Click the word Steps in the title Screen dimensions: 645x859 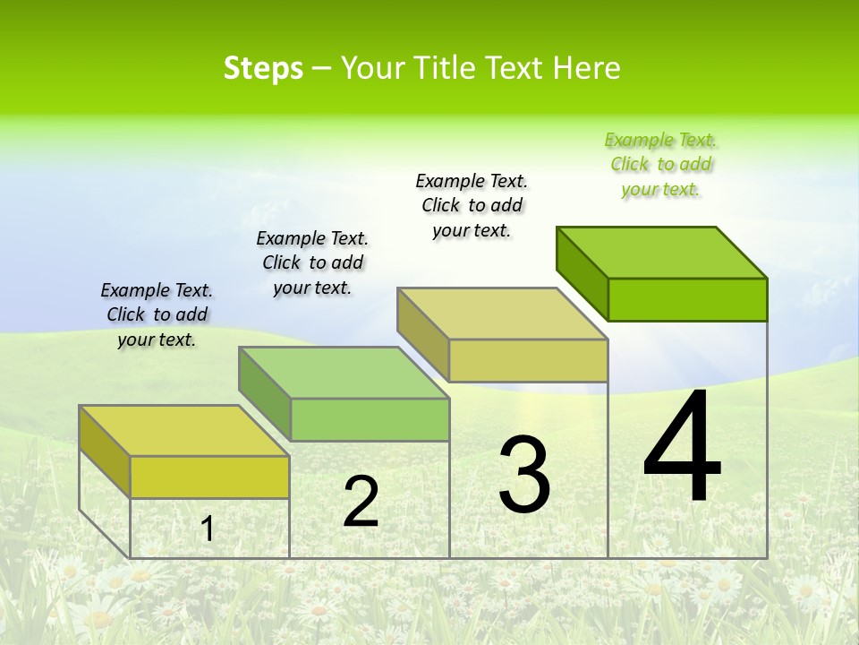[263, 68]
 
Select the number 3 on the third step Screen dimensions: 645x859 [524, 474]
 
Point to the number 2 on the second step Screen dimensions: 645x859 [361, 502]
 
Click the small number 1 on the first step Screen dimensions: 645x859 [208, 529]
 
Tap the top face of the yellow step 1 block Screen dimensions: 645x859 [184, 431]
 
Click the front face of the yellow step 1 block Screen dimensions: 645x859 [209, 477]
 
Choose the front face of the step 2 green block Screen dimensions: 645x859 [370, 419]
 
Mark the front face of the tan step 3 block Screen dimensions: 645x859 [528, 360]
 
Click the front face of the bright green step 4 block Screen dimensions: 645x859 [687, 299]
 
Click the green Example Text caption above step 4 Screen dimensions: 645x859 [661, 165]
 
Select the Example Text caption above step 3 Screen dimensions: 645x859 [472, 205]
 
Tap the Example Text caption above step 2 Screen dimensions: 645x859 [312, 262]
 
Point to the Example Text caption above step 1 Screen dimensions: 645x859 [157, 314]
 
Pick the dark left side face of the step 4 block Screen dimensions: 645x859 [583, 271]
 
